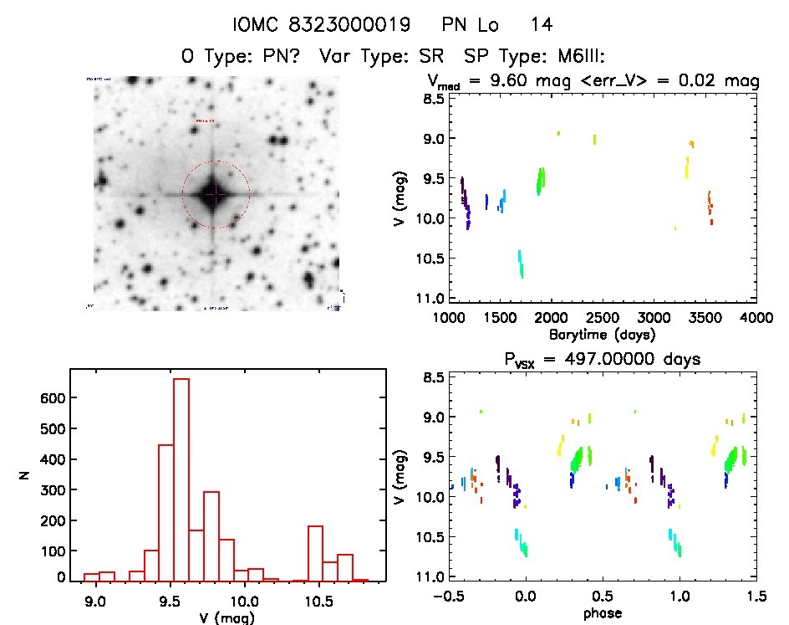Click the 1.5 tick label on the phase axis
point(756,597)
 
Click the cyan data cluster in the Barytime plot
point(521,264)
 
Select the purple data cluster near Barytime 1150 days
point(465,201)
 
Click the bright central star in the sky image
point(216,194)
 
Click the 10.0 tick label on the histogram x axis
point(244,600)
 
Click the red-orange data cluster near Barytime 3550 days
point(710,206)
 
